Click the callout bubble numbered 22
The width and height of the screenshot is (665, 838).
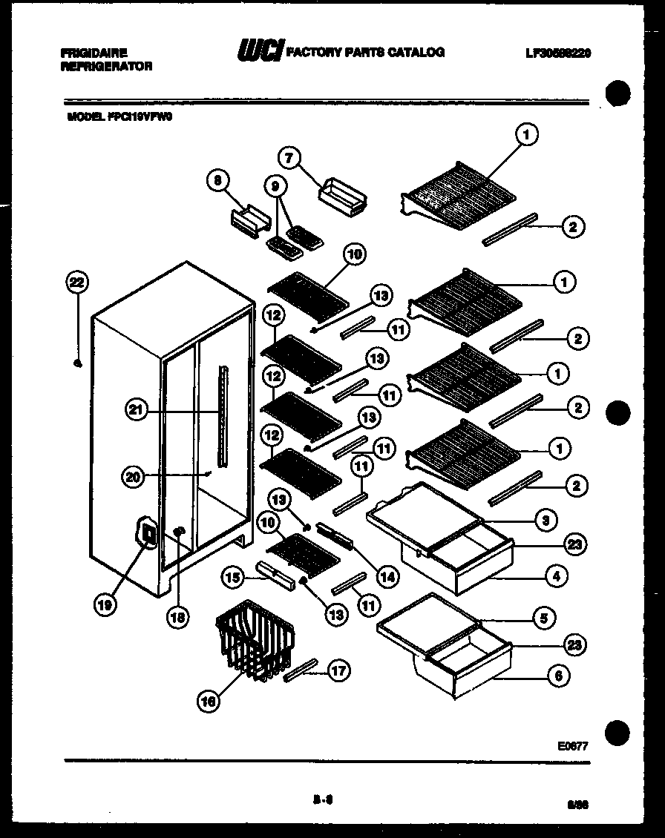pyautogui.click(x=76, y=282)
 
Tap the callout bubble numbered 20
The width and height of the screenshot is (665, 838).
pyautogui.click(x=134, y=478)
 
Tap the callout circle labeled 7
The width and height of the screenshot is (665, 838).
pyautogui.click(x=289, y=157)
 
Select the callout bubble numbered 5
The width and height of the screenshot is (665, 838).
pyautogui.click(x=544, y=617)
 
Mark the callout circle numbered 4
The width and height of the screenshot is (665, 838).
pyautogui.click(x=557, y=573)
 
